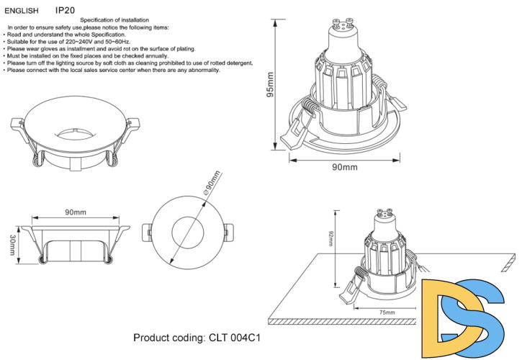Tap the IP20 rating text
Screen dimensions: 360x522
[x=65, y=12]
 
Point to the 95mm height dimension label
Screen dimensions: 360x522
[x=271, y=84]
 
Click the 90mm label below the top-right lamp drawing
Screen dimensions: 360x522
[x=344, y=167]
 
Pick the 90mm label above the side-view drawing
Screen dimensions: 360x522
[x=76, y=212]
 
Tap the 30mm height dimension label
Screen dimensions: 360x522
[x=12, y=245]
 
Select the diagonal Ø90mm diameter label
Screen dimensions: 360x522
[x=212, y=183]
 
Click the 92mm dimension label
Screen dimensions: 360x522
[x=330, y=238]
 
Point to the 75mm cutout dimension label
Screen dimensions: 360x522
[x=387, y=312]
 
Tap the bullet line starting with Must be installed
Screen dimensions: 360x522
[x=86, y=55]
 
